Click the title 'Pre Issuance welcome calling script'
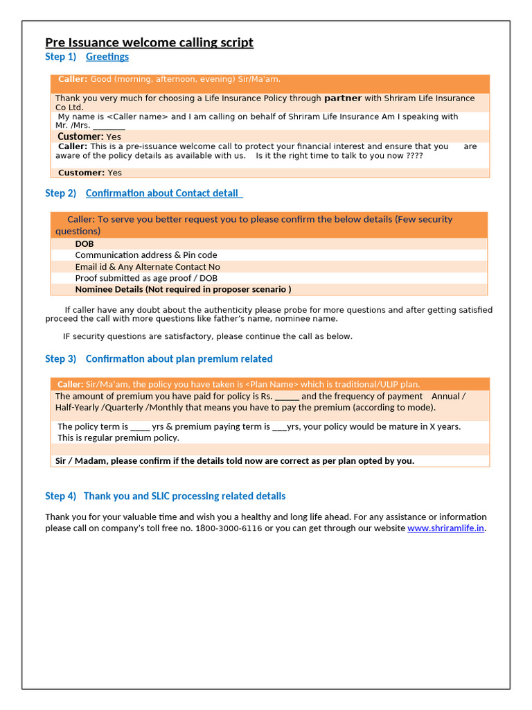(149, 43)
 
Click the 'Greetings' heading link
(107, 57)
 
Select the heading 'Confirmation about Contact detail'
(163, 193)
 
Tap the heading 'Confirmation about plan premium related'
(179, 359)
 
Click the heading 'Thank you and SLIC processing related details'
(184, 496)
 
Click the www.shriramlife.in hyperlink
(445, 528)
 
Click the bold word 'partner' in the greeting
(343, 98)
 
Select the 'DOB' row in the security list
(85, 244)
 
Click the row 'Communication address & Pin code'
(145, 255)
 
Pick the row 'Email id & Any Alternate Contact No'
(147, 267)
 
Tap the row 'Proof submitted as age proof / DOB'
(145, 278)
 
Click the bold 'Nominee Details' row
(183, 289)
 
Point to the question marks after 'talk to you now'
(414, 156)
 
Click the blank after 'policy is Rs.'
(287, 397)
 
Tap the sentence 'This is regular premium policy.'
(118, 438)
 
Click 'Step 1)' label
(60, 57)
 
